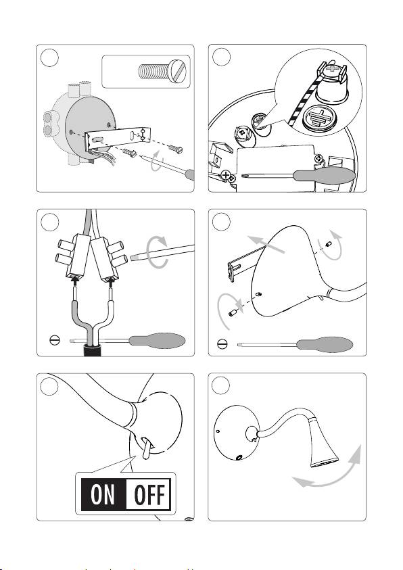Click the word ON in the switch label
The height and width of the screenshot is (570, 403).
point(103,494)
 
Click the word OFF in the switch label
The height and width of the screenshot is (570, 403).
point(149,494)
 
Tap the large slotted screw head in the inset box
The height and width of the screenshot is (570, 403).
point(178,71)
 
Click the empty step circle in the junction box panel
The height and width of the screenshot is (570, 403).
point(49,58)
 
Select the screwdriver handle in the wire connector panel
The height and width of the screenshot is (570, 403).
point(157,341)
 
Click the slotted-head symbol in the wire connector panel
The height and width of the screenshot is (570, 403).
point(54,340)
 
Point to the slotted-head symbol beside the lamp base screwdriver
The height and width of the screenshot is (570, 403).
point(222,343)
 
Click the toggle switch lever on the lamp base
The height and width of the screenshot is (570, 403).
point(147,448)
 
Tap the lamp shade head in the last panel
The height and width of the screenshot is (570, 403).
point(323,442)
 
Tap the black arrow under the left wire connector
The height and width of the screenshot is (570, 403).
point(75,281)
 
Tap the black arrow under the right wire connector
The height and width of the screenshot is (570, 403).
point(111,281)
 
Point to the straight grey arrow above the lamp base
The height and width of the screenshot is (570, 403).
point(266,244)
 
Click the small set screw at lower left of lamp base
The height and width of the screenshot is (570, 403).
point(233,312)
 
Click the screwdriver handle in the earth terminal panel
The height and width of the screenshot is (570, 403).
point(324,175)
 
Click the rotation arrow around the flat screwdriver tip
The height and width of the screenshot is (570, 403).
point(157,252)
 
